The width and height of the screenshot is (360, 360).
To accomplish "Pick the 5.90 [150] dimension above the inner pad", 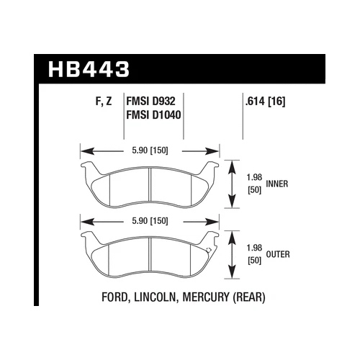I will tap(150, 151).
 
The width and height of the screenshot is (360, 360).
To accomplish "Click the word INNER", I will tap(278, 184).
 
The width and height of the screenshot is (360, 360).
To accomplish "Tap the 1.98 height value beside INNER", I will tap(253, 178).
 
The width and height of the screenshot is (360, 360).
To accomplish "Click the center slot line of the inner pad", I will tap(150, 187).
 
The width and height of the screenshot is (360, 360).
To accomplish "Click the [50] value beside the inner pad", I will tap(253, 190).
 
